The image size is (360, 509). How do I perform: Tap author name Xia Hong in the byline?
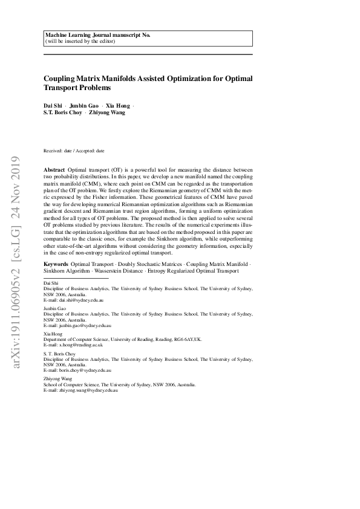tap(117, 105)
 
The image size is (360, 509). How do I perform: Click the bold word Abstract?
tap(54, 172)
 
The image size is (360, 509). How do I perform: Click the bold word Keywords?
tap(56, 264)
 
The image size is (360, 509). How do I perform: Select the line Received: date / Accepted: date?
tap(74, 150)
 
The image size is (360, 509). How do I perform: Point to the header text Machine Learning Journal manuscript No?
tap(97, 36)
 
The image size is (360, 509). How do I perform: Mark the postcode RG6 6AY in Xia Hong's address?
tap(181, 339)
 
